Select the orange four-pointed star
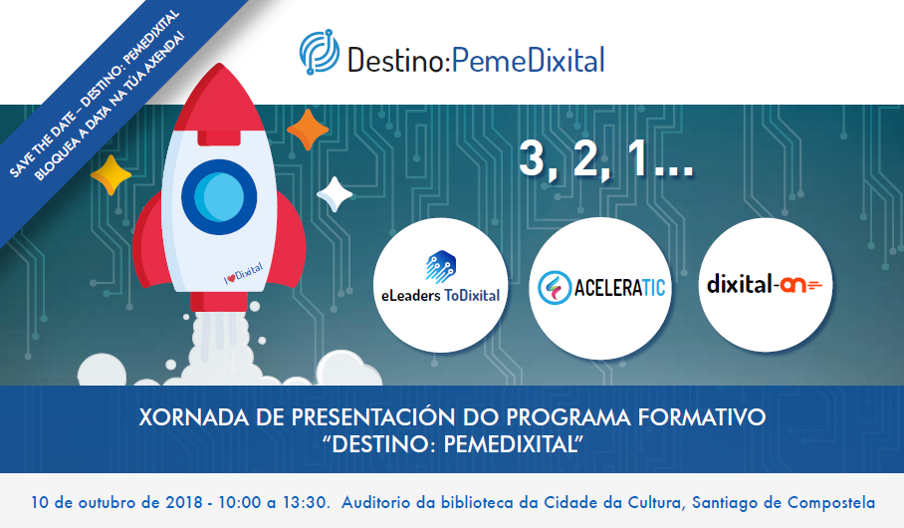click(308, 130)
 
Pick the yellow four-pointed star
click(111, 176)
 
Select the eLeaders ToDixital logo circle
click(440, 285)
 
